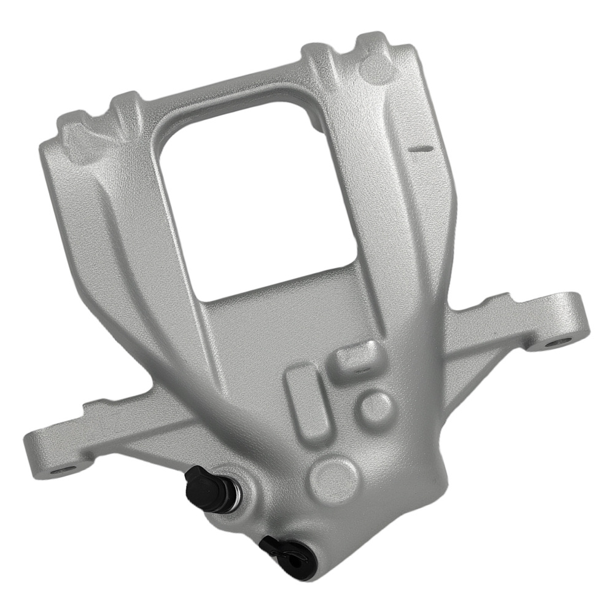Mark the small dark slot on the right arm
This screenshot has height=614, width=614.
pyautogui.click(x=419, y=148)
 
